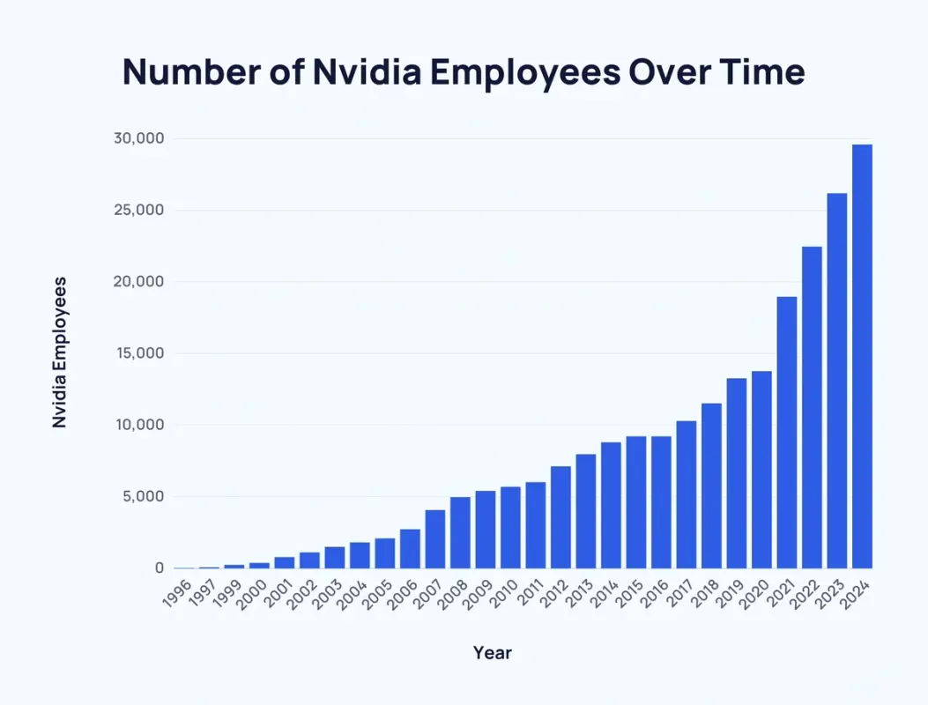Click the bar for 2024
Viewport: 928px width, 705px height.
pyautogui.click(x=862, y=356)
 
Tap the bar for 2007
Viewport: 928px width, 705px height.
pyautogui.click(x=435, y=538)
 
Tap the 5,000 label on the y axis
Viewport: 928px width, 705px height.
pyautogui.click(x=141, y=497)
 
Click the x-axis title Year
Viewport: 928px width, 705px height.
pyautogui.click(x=492, y=653)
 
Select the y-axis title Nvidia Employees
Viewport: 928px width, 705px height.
pyautogui.click(x=60, y=352)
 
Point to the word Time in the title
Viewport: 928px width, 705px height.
pyautogui.click(x=761, y=72)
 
